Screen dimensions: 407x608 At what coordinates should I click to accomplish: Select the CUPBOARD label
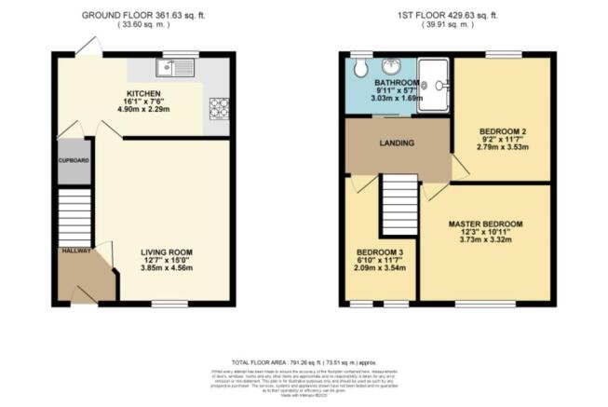point(74,160)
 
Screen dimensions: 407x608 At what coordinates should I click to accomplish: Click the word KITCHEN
point(145,94)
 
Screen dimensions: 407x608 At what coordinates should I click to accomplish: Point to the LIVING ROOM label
point(166,251)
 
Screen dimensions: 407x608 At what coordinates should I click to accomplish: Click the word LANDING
point(397,142)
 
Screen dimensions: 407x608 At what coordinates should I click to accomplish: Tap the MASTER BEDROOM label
point(484,224)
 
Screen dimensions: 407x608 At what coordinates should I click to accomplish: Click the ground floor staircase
point(73,213)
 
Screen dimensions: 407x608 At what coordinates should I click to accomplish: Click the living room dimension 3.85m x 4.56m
point(166,268)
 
